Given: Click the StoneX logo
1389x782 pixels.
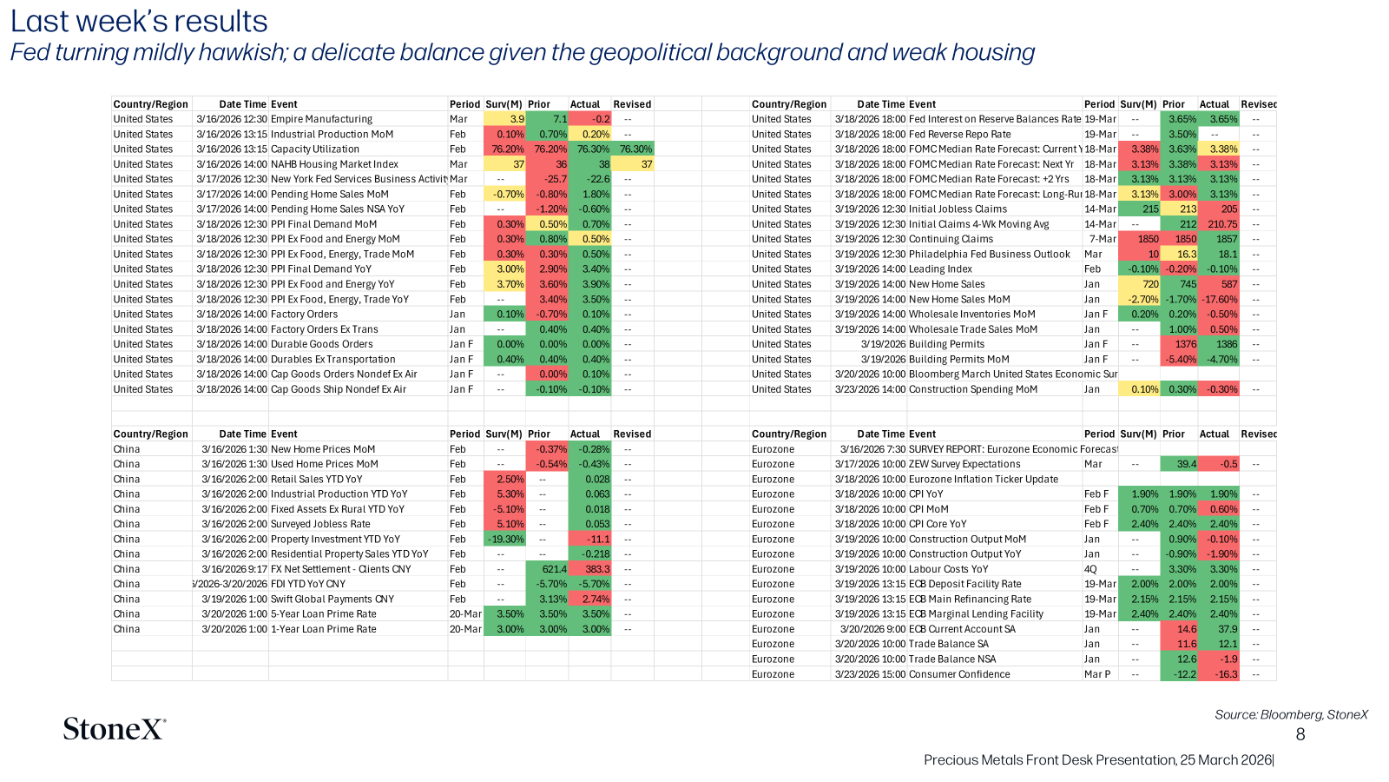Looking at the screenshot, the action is pos(115,729).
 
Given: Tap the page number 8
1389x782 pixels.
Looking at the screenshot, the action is pos(1300,735).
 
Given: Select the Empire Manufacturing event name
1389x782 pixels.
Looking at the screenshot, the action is pos(321,119).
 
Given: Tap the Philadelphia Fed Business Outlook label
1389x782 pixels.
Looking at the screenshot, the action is pos(989,255).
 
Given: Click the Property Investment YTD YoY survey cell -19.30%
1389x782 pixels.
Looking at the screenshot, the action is pos(505,540).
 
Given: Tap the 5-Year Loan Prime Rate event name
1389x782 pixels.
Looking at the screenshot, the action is pos(323,614).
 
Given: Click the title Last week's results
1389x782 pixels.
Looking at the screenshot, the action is pos(139,21).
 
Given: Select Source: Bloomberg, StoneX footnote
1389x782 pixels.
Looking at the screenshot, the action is pos(1291,715).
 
